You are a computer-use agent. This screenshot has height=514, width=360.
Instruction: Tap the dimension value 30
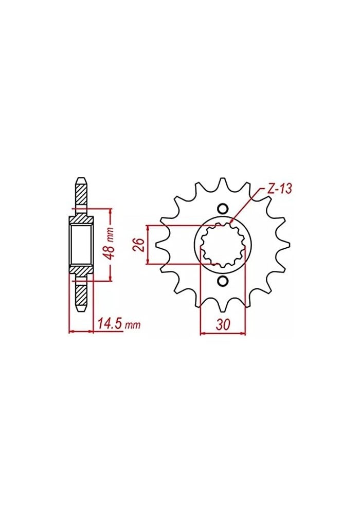click(223, 325)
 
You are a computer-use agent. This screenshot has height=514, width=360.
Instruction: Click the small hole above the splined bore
click(223, 209)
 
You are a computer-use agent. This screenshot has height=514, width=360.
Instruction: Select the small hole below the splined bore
click(223, 281)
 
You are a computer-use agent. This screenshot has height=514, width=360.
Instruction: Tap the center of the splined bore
click(223, 245)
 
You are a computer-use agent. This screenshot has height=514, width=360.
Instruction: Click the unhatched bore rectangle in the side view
click(81, 245)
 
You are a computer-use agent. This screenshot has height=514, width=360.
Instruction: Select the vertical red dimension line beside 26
click(148, 245)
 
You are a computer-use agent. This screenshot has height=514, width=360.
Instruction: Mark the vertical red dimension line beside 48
click(110, 245)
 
